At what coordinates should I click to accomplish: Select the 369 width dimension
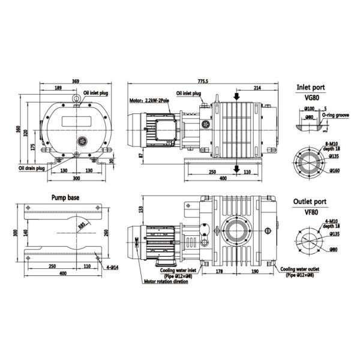[76, 81]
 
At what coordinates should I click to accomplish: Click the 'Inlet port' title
[311, 87]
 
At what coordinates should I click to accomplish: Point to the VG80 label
[311, 97]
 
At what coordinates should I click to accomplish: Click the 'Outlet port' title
[310, 202]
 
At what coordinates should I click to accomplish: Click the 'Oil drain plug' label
[32, 168]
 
